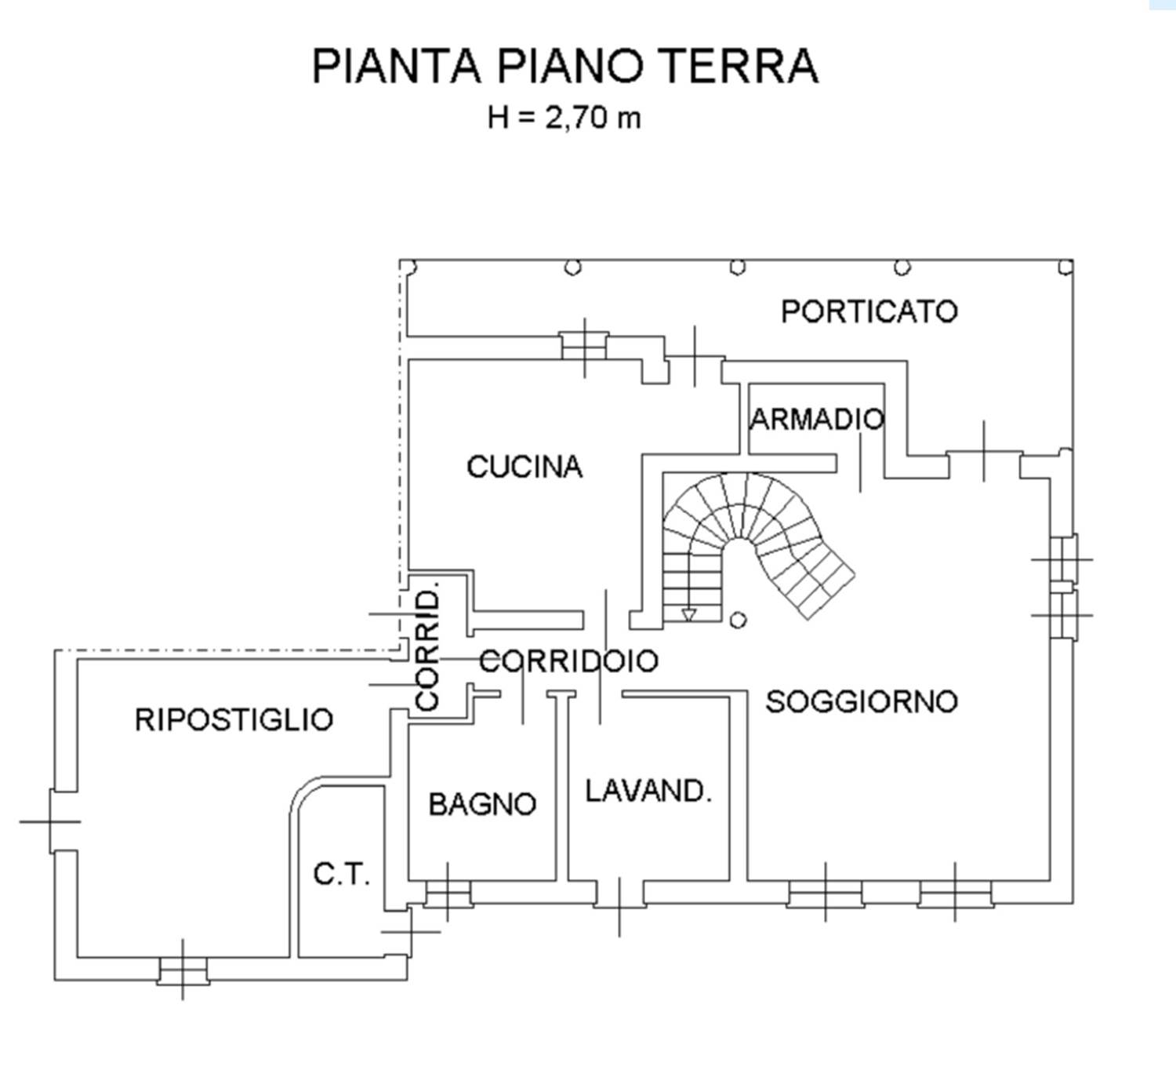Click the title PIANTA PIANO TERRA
click(564, 66)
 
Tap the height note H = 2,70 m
click(564, 118)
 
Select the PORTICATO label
click(869, 311)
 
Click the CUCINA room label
click(524, 467)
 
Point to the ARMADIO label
click(817, 420)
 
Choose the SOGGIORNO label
click(861, 701)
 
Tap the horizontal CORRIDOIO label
click(568, 661)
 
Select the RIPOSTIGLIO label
click(234, 719)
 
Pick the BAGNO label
click(482, 804)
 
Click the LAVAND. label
click(648, 791)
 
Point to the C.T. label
click(341, 873)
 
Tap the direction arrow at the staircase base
click(688, 614)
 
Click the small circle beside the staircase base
click(737, 620)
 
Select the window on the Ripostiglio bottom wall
click(183, 970)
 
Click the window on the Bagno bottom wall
click(448, 893)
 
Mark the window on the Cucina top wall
click(585, 345)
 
